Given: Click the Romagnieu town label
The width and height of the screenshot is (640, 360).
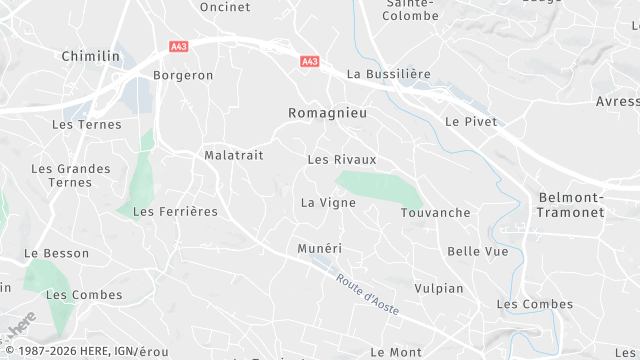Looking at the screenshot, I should click(327, 113).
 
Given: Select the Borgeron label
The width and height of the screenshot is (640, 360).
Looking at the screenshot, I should click(183, 75).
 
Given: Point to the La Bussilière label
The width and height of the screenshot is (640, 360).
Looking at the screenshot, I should click(387, 74).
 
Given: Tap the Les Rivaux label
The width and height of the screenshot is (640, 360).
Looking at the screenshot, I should click(342, 159).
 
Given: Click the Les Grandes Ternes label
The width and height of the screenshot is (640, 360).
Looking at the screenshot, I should click(71, 175).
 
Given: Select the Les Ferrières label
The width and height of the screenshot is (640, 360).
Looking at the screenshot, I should click(175, 211).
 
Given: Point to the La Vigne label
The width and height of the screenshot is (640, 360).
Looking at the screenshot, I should click(328, 202).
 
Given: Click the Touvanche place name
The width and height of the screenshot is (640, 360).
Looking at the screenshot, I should click(435, 213).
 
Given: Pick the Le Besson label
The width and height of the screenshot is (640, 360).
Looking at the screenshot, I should click(56, 253).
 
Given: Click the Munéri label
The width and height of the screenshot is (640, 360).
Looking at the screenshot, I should click(320, 247).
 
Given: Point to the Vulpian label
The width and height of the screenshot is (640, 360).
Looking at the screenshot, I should click(439, 288).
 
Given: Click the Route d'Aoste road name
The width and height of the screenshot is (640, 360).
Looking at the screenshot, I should click(367, 295).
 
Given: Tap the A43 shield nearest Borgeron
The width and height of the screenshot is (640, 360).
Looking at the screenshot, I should click(179, 45).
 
